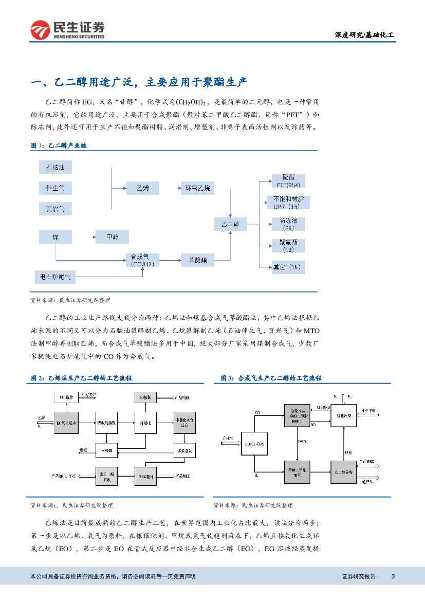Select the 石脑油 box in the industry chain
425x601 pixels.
(x=56, y=168)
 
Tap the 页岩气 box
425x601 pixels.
(x=56, y=209)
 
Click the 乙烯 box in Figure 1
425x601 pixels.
(x=143, y=188)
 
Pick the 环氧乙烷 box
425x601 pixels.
(x=197, y=188)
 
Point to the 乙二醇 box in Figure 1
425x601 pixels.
(x=230, y=224)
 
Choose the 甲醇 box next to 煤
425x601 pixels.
(x=112, y=237)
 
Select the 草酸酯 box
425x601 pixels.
(x=197, y=260)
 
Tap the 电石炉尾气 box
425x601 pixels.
(x=56, y=278)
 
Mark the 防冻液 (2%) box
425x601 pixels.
(x=288, y=224)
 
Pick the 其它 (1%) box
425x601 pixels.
(x=288, y=267)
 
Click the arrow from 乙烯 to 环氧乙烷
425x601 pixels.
(x=170, y=188)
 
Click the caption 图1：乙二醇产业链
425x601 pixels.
(x=59, y=146)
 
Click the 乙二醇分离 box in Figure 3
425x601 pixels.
(x=344, y=471)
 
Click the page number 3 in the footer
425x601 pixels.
(x=393, y=576)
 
